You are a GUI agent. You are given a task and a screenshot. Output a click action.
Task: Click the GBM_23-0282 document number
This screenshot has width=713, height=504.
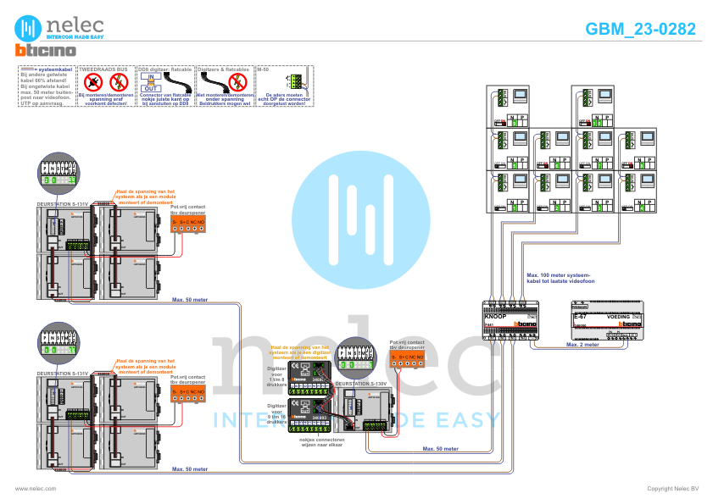tap(641, 28)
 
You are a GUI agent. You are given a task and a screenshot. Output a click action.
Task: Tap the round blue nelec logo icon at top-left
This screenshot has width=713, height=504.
tap(31, 26)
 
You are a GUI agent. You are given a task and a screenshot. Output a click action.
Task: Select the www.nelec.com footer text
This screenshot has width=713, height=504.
tap(36, 489)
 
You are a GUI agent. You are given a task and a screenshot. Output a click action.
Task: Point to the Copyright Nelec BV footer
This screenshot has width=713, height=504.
tap(672, 489)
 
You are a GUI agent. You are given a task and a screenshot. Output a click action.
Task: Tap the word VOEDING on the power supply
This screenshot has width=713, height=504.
tap(618, 315)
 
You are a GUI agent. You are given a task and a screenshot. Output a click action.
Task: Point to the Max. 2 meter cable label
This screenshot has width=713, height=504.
tap(583, 345)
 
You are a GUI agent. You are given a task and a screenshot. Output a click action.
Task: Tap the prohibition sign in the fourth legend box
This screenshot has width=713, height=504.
tap(209, 80)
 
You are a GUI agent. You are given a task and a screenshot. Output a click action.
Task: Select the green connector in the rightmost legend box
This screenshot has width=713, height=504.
tap(294, 81)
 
